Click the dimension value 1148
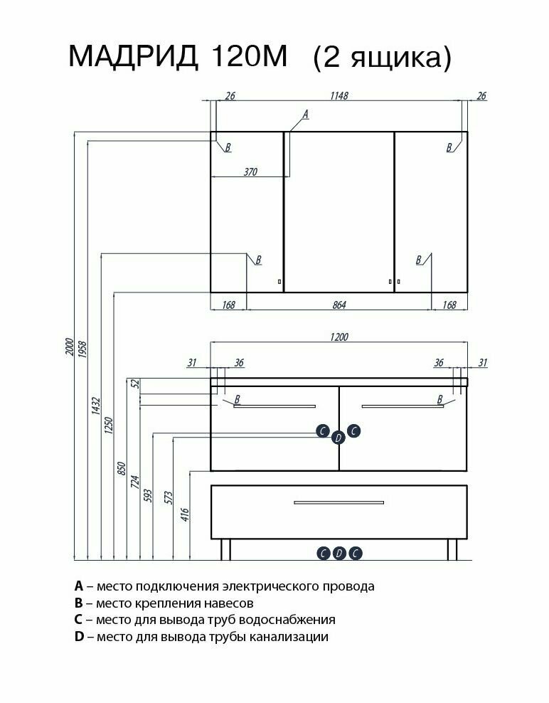339,96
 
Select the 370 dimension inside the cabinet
249,171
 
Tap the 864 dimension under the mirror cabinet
339,305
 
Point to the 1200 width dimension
339,337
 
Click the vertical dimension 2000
69,348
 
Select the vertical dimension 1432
97,407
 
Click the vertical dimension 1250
110,425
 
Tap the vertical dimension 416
186,514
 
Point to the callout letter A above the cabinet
306,114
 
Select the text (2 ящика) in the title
382,57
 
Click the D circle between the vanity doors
339,438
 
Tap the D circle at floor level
339,553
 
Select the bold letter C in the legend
78,620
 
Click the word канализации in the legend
289,637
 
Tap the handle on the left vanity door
274,406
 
